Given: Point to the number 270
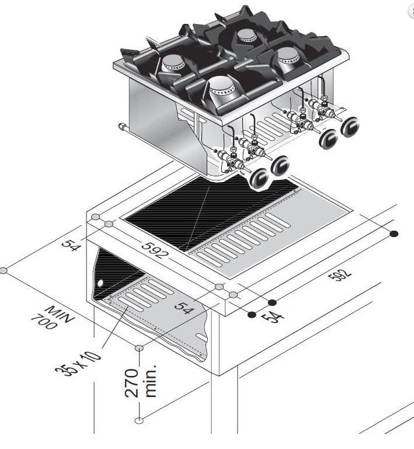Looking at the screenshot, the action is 134,382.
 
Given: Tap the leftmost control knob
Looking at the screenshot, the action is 259,177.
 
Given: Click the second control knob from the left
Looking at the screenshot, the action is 281,165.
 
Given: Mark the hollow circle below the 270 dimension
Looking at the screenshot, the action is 139,420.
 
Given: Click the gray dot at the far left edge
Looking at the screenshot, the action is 4,271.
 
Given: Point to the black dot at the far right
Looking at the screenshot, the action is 394,234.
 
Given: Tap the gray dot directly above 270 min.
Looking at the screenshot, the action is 139,349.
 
